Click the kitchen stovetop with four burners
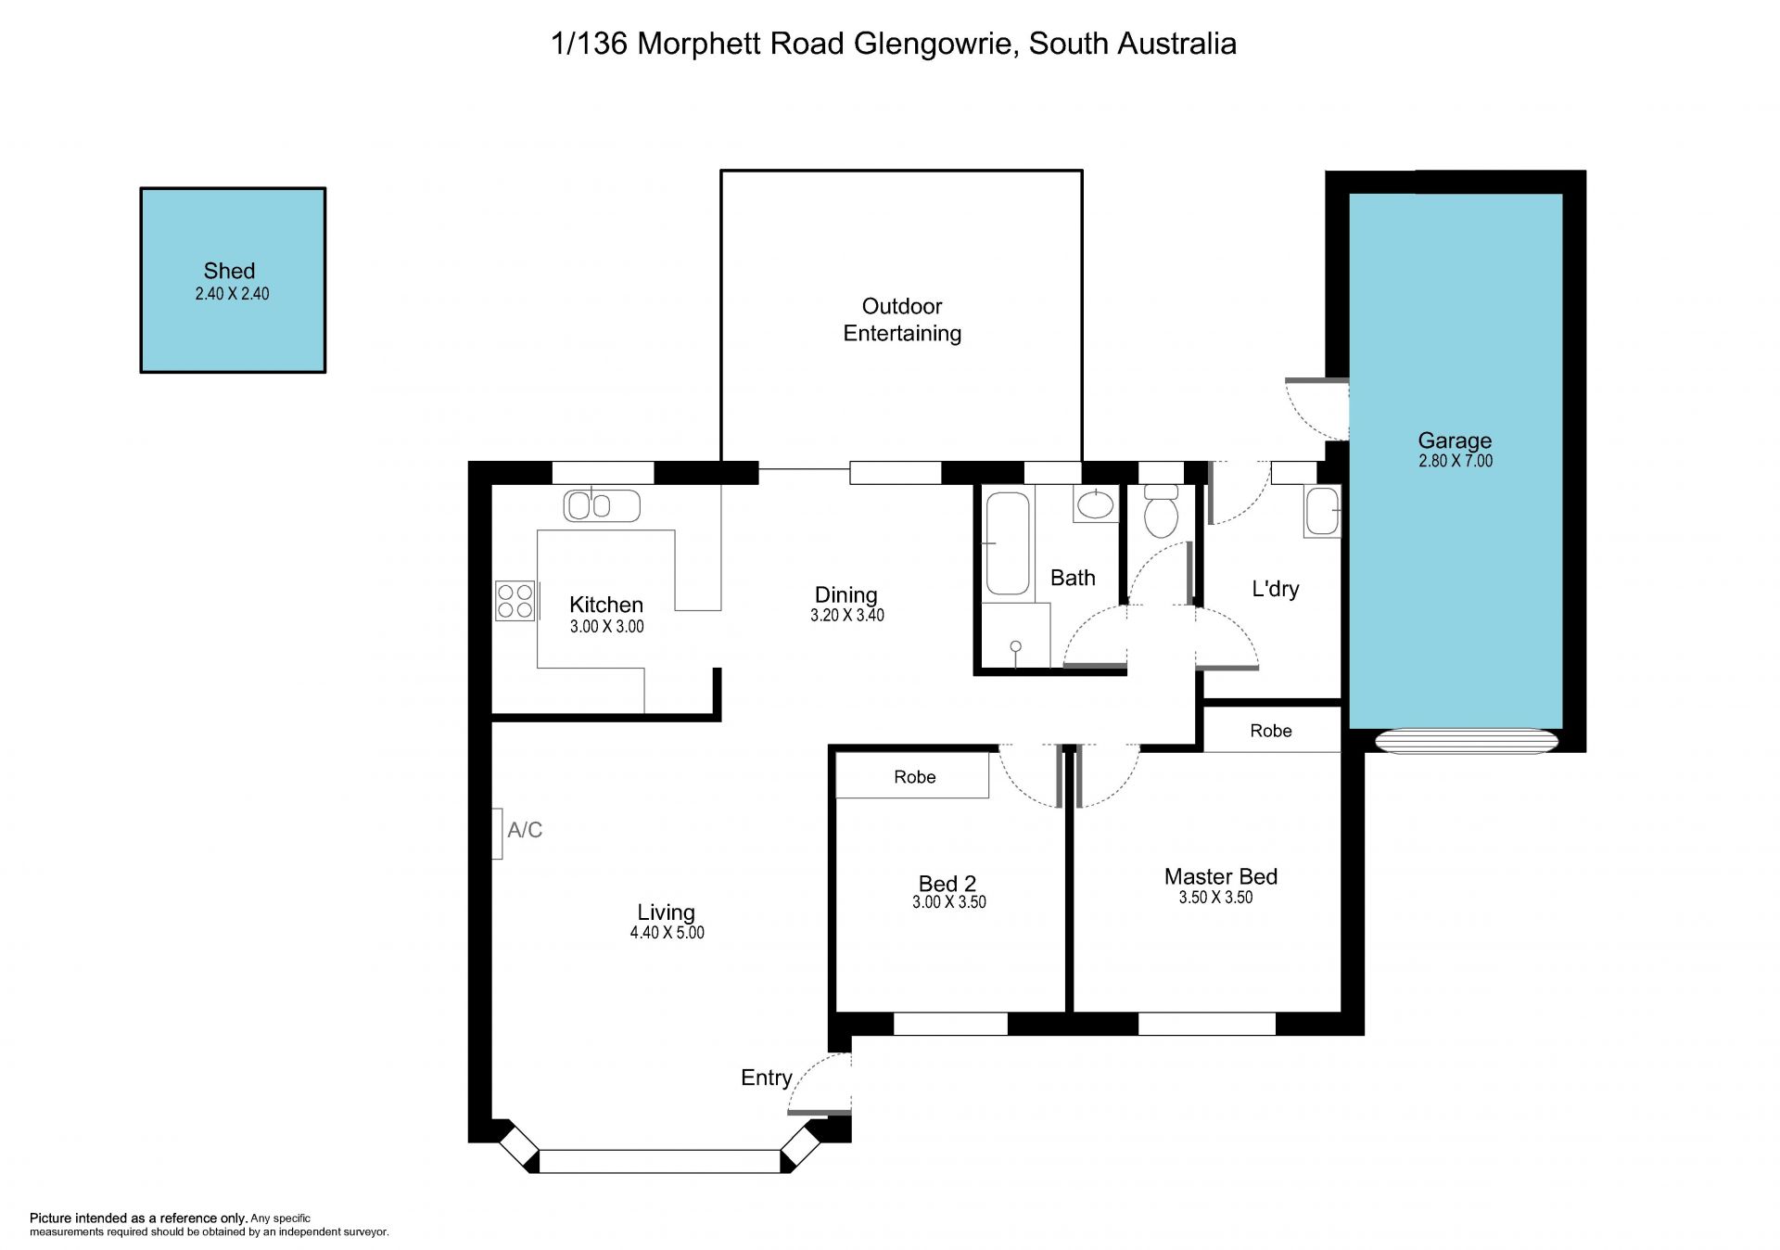click(x=515, y=600)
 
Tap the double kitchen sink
click(x=602, y=505)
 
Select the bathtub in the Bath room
click(x=1007, y=543)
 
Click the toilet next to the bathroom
click(x=1161, y=511)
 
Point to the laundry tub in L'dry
click(x=1322, y=511)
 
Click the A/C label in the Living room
click(x=525, y=830)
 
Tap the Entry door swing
click(x=819, y=1082)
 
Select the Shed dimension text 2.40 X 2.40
click(x=232, y=294)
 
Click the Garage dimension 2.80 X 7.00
click(x=1456, y=461)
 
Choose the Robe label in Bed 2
click(x=915, y=777)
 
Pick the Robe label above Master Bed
click(x=1271, y=731)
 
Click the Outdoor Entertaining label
click(x=902, y=320)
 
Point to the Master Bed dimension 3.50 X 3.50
click(x=1215, y=898)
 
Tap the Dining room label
click(x=845, y=595)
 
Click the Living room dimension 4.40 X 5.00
click(x=667, y=933)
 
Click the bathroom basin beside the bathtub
click(x=1096, y=504)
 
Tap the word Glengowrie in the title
click(x=933, y=44)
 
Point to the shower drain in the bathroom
click(x=1016, y=646)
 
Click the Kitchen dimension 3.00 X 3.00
click(x=607, y=627)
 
